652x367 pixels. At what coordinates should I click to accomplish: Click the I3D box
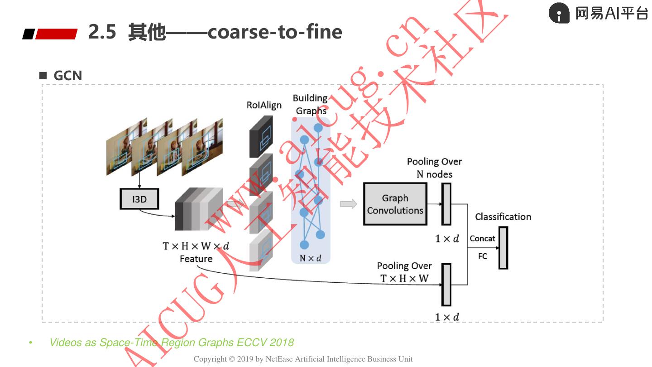pos(139,199)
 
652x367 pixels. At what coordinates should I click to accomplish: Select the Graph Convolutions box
pos(395,204)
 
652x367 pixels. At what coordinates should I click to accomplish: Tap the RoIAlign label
pos(264,105)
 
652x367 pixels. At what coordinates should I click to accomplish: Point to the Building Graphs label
pos(311,104)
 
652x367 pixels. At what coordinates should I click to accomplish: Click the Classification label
pos(503,217)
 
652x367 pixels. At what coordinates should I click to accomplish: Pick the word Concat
pos(482,238)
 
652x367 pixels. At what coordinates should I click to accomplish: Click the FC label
pos(483,256)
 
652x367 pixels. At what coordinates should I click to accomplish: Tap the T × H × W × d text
pos(196,246)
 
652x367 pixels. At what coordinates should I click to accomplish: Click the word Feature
pos(196,259)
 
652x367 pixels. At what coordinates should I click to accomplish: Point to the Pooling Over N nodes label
pos(434,168)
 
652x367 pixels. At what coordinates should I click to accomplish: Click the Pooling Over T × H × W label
pos(404,272)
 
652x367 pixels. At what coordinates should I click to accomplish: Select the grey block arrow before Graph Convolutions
pos(348,204)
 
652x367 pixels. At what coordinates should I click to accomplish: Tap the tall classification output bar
pos(503,248)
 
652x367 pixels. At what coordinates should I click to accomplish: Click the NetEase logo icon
pos(559,13)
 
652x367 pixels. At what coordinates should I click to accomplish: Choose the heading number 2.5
pos(102,32)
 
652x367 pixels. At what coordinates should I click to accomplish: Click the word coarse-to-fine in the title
pos(275,32)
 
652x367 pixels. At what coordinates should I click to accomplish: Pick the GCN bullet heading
pos(67,76)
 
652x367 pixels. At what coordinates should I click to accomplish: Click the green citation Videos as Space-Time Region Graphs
pos(172,343)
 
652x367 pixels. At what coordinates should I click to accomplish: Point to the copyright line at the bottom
pos(303,359)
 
